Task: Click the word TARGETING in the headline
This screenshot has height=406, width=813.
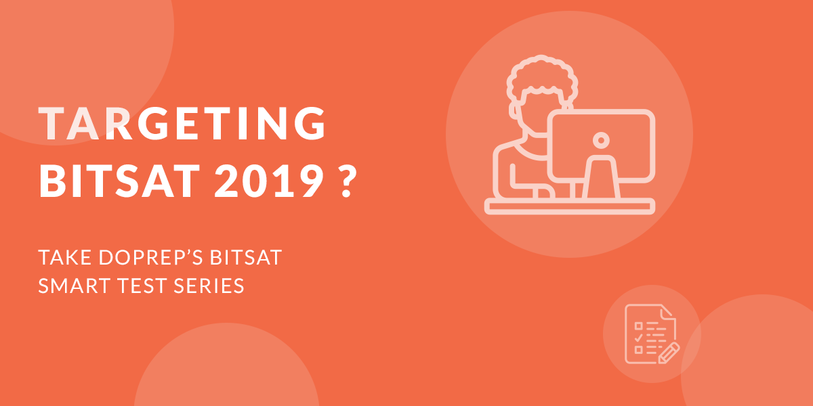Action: click(182, 123)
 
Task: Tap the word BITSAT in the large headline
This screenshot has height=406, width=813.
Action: click(120, 181)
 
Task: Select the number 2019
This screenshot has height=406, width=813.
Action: click(269, 181)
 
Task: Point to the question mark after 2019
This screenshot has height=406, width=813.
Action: click(347, 181)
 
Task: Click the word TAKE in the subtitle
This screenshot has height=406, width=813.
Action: click(65, 257)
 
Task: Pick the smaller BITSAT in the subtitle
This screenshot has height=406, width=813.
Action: click(246, 257)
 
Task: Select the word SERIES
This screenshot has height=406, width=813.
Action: click(209, 286)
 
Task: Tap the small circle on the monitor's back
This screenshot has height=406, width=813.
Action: click(601, 140)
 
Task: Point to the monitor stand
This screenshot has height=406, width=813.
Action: click(601, 177)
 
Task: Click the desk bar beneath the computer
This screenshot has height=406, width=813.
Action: click(570, 206)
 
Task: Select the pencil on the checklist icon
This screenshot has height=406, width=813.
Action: click(669, 353)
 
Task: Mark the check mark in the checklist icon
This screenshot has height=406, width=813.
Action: click(638, 338)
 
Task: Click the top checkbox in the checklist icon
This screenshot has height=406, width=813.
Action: click(638, 326)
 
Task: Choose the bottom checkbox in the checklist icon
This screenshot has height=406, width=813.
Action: click(638, 350)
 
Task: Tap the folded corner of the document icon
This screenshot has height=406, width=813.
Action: click(668, 312)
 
